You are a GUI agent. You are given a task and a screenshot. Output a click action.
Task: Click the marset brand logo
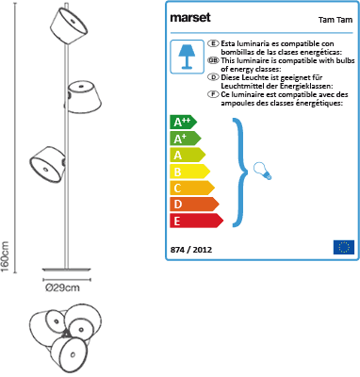pos(190,18)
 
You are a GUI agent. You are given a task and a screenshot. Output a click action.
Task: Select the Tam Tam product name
pos(335,20)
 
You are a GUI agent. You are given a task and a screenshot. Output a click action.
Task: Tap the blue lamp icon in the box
pos(187,57)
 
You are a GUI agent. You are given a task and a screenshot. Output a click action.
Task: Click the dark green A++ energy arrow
pos(184,122)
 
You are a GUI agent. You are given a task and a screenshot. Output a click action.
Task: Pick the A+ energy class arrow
pos(186,139)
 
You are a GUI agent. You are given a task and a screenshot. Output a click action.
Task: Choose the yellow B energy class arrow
pos(190,172)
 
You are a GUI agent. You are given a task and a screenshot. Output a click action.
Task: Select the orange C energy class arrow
pos(192,188)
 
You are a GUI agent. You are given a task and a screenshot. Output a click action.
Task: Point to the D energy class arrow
pos(194,205)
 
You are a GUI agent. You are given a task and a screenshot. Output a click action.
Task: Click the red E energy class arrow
pos(197,221)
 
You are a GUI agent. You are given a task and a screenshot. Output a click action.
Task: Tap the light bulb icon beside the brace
pos(263,171)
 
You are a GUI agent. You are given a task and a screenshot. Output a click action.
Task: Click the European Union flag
pos(344,247)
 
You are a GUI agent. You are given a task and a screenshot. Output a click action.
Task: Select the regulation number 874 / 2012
pos(191,250)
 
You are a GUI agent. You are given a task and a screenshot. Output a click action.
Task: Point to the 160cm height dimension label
pos(6,256)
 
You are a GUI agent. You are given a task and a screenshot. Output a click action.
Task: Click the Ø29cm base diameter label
pos(62,287)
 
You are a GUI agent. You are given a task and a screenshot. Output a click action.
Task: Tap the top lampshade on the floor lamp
pos(69,26)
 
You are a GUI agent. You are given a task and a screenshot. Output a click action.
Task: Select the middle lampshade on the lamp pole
pos(83,97)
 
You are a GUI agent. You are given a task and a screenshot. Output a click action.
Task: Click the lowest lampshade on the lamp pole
pos(48,164)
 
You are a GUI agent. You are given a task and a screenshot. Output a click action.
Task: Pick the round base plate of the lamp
pos(67,270)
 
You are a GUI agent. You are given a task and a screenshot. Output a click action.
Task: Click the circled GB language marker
pos(214,60)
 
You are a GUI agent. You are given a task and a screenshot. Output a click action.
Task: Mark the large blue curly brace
pos(240,172)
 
